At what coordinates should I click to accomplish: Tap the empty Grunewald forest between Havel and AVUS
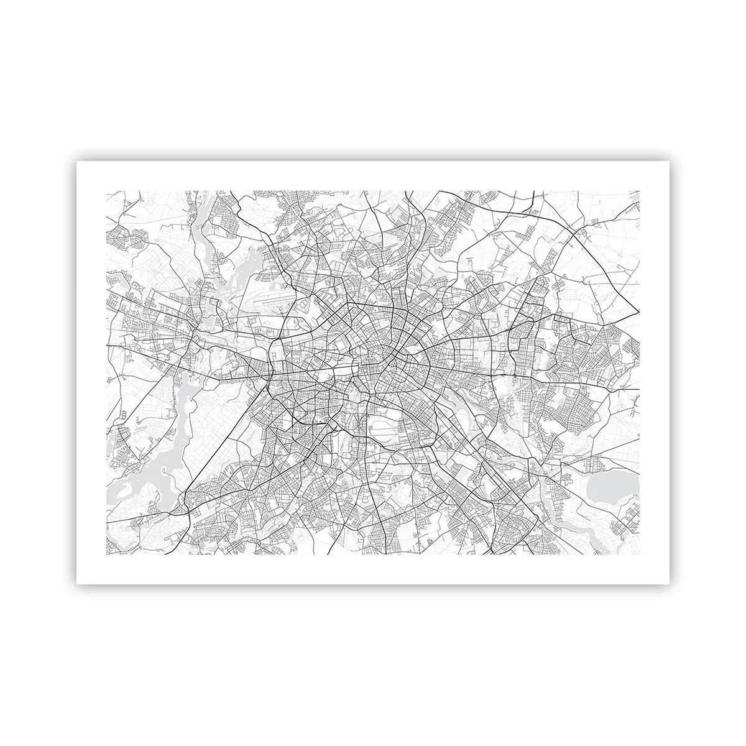point(205,429)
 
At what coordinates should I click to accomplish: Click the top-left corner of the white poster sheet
point(77,161)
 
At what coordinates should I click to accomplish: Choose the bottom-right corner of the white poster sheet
point(669,584)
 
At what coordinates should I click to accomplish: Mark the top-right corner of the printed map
point(640,191)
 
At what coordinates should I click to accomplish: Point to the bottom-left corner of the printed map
point(107,555)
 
